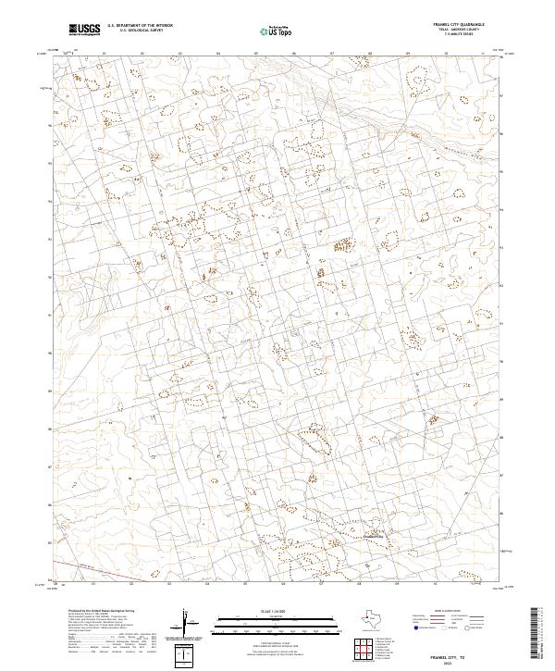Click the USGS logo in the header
84,30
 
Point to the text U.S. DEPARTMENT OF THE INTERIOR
140,27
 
